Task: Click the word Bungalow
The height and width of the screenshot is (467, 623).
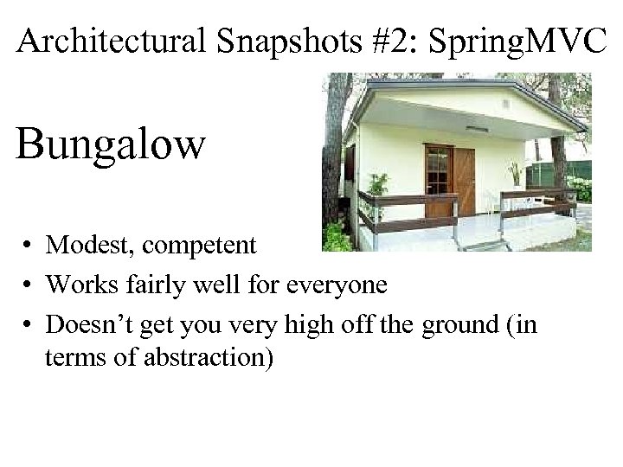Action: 111,144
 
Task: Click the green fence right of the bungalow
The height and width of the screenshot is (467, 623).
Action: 571,173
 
